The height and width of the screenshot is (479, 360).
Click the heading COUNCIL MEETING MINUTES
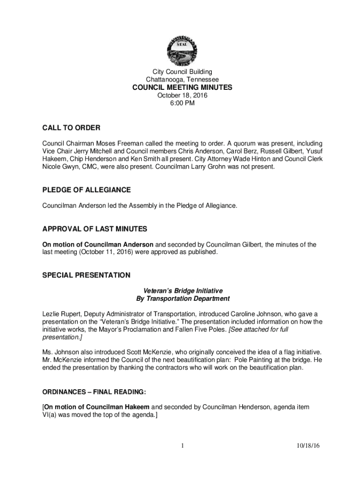point(182,87)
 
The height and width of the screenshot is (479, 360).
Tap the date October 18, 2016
point(182,95)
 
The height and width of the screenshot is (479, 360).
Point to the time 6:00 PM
point(182,103)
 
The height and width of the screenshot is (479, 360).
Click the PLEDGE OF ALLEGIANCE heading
point(86,190)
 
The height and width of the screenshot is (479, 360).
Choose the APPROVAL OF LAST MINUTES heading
point(95,229)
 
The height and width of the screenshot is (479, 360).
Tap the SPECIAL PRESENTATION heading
point(86,276)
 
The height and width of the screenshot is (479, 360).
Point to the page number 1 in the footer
point(182,446)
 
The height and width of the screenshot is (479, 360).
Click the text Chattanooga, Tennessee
point(182,80)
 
